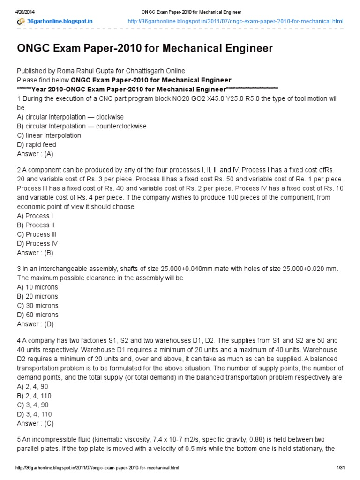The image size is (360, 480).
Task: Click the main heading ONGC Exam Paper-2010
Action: click(x=145, y=48)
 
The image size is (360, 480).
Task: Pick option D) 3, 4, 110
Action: click(x=34, y=414)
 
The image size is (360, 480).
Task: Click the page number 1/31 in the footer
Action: click(x=340, y=468)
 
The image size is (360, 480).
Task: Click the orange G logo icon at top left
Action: click(x=21, y=22)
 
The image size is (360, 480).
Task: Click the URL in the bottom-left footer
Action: click(x=97, y=468)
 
